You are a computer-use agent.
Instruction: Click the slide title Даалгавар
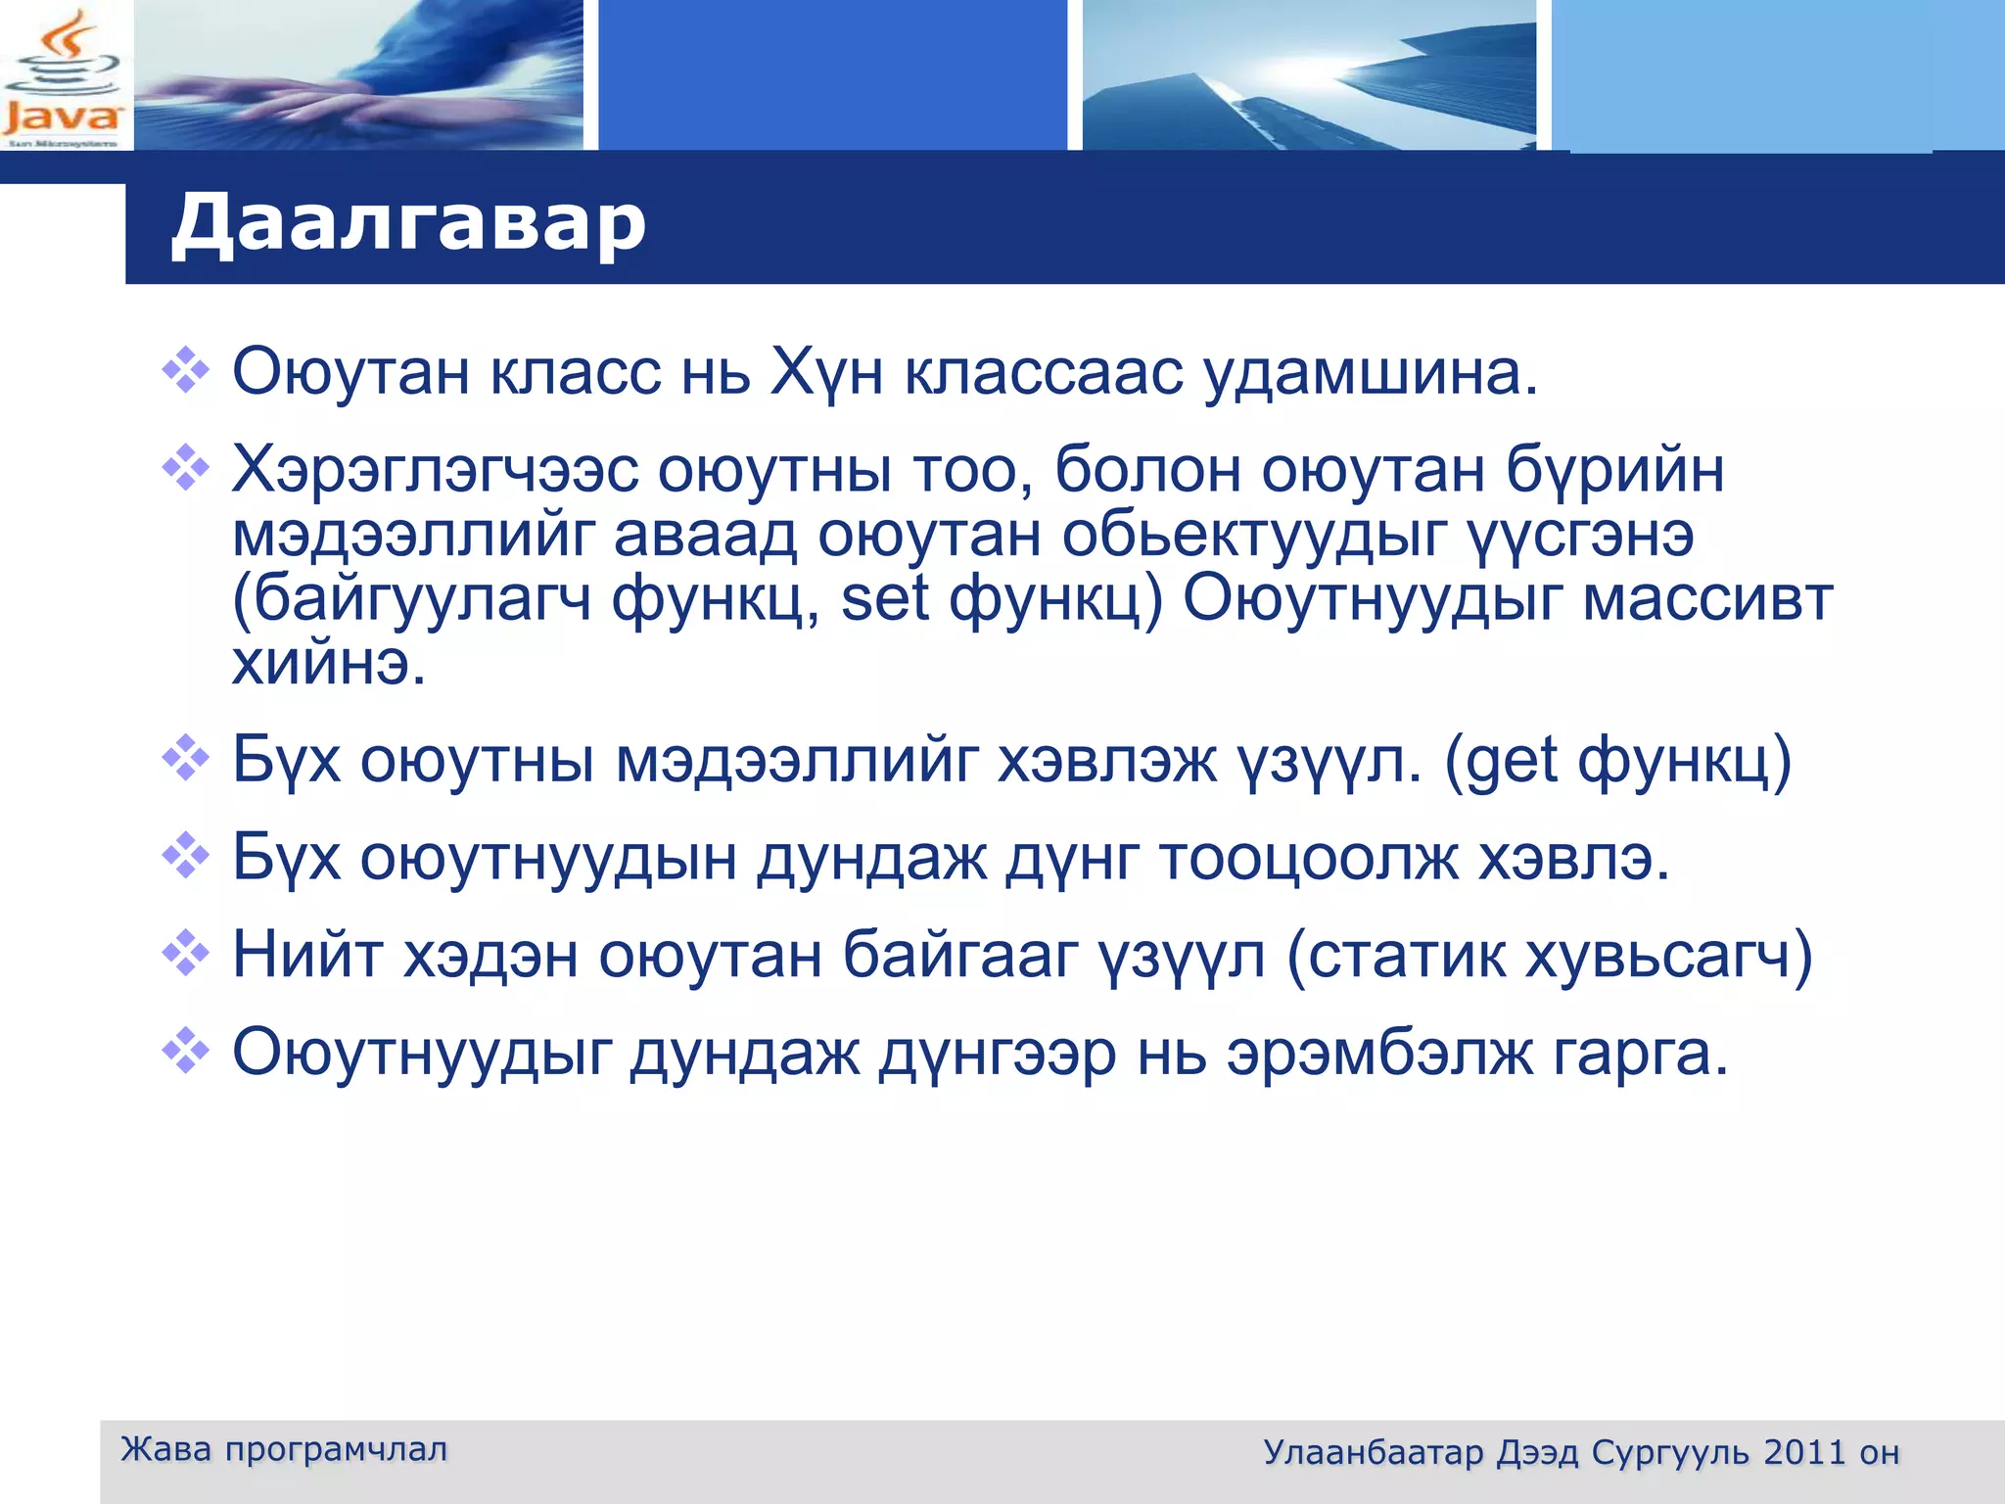pyautogui.click(x=408, y=223)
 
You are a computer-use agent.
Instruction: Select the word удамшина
pyautogui.click(x=1370, y=373)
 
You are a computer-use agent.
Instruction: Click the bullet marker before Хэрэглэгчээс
pyautogui.click(x=185, y=468)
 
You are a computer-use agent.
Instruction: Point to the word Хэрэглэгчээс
pyautogui.click(x=434, y=471)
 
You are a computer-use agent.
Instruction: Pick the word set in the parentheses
pyautogui.click(x=884, y=599)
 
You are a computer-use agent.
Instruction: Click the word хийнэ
pyautogui.click(x=329, y=665)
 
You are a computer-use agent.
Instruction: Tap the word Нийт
pyautogui.click(x=306, y=956)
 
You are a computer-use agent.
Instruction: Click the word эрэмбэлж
pyautogui.click(x=1379, y=1054)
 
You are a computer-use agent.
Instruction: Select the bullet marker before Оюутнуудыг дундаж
pyautogui.click(x=185, y=1052)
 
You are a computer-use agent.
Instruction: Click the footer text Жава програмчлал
pyautogui.click(x=284, y=1449)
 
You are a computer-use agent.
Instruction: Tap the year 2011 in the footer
pyautogui.click(x=1804, y=1452)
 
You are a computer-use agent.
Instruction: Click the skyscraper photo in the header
pyautogui.click(x=1308, y=74)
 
